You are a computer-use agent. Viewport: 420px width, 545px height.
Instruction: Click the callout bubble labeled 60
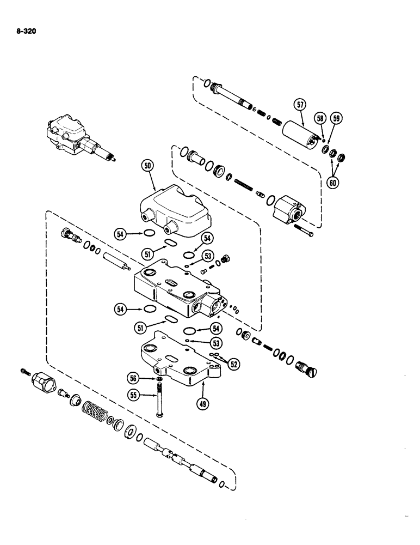(x=332, y=181)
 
